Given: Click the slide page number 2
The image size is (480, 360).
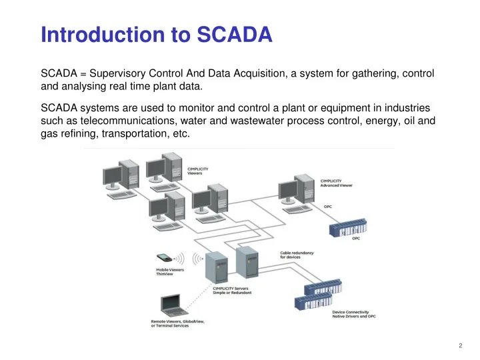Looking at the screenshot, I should [461, 345].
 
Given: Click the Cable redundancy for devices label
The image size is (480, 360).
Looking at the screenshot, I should [297, 255].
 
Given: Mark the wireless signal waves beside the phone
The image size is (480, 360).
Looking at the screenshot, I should [197, 258].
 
